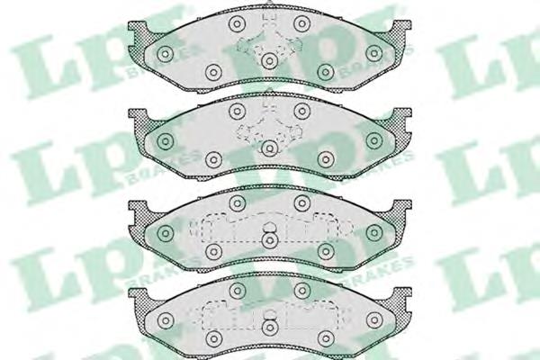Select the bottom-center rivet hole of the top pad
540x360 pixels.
tap(269, 60)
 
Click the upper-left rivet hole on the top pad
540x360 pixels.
tap(236, 24)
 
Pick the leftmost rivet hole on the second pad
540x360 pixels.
tap(165, 141)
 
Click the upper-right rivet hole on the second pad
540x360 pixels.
tap(302, 111)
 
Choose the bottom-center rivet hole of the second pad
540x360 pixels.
tap(269, 148)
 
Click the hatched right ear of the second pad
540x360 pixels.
tap(400, 120)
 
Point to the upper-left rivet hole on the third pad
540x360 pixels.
tap(236, 203)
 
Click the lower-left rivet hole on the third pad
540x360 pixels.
tap(213, 253)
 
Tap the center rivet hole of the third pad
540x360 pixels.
tap(269, 240)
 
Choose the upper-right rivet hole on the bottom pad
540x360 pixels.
tap(302, 290)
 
